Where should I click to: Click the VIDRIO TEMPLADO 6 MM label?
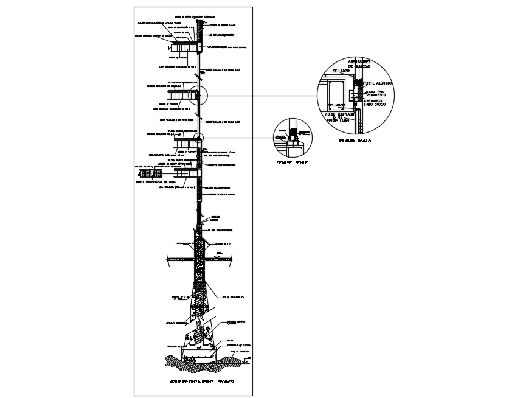[x=338, y=117]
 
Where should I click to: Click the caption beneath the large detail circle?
[x=356, y=141]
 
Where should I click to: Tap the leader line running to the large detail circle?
[x=262, y=96]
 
